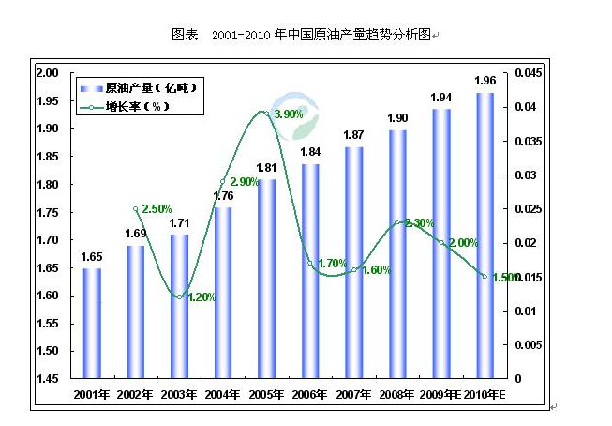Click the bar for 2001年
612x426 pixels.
pos(92,323)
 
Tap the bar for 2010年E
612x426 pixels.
pos(485,235)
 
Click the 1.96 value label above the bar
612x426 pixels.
pos(485,80)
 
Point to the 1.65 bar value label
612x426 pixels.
pos(92,256)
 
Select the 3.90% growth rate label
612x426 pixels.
pos(290,114)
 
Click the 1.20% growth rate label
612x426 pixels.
pos(202,297)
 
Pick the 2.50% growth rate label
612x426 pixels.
pos(157,207)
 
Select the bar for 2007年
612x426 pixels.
pos(354,263)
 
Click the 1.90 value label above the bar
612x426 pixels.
pos(397,118)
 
